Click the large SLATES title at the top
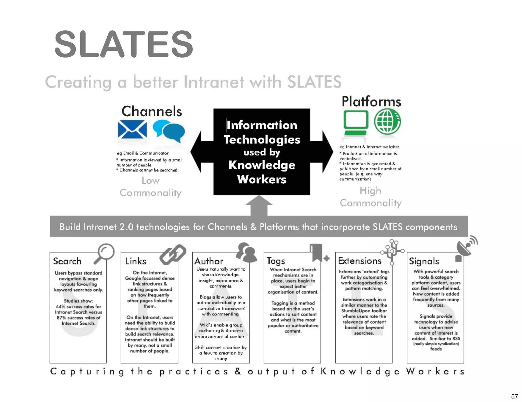[124, 44]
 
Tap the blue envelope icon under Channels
[132, 129]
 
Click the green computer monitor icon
[356, 122]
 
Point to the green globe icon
[387, 122]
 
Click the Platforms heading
[371, 102]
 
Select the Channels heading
[152, 111]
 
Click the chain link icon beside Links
[173, 255]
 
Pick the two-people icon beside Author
[246, 252]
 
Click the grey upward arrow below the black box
[259, 206]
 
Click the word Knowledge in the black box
[262, 165]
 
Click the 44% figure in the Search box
[61, 306]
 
